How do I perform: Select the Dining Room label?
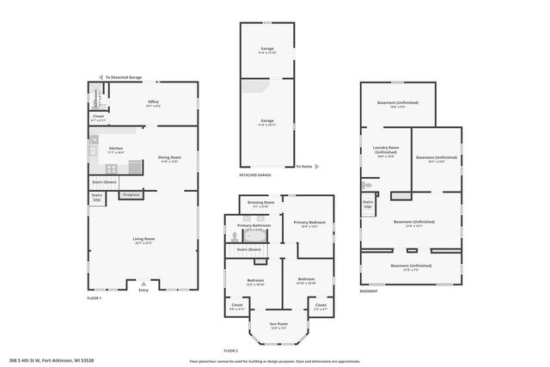coord(168,159)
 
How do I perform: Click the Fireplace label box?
coord(131,195)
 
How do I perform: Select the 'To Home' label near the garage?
coord(305,166)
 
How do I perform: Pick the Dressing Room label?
coord(259,205)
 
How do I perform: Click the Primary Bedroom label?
coord(307,223)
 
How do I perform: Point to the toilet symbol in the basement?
coord(367,184)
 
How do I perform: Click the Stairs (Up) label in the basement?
coord(368,205)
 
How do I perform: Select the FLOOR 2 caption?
coord(229,351)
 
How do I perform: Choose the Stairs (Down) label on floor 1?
coord(105,182)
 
